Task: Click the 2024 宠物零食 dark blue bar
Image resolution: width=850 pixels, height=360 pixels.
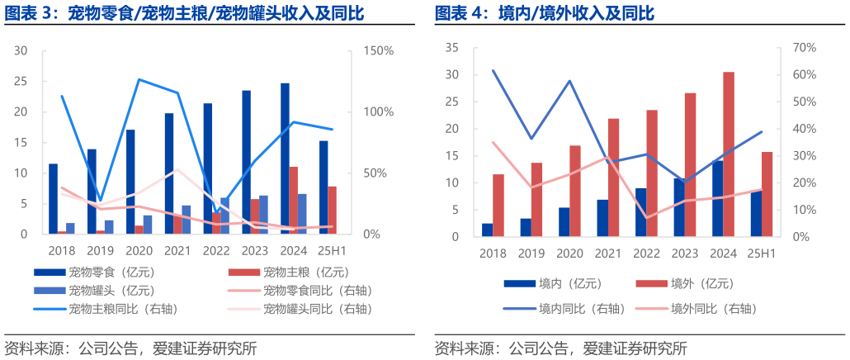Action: click(285, 159)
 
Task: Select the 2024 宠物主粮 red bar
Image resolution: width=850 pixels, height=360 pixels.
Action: click(294, 201)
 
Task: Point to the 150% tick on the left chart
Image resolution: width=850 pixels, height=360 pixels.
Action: click(379, 51)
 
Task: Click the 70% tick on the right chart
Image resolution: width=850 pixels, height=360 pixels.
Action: click(805, 48)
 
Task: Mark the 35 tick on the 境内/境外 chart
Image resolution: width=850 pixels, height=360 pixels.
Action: click(451, 48)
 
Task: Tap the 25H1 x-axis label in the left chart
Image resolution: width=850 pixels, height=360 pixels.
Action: click(333, 249)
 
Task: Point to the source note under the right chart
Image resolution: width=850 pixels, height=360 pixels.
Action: click(560, 348)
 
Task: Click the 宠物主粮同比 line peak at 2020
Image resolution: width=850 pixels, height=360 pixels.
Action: click(139, 79)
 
